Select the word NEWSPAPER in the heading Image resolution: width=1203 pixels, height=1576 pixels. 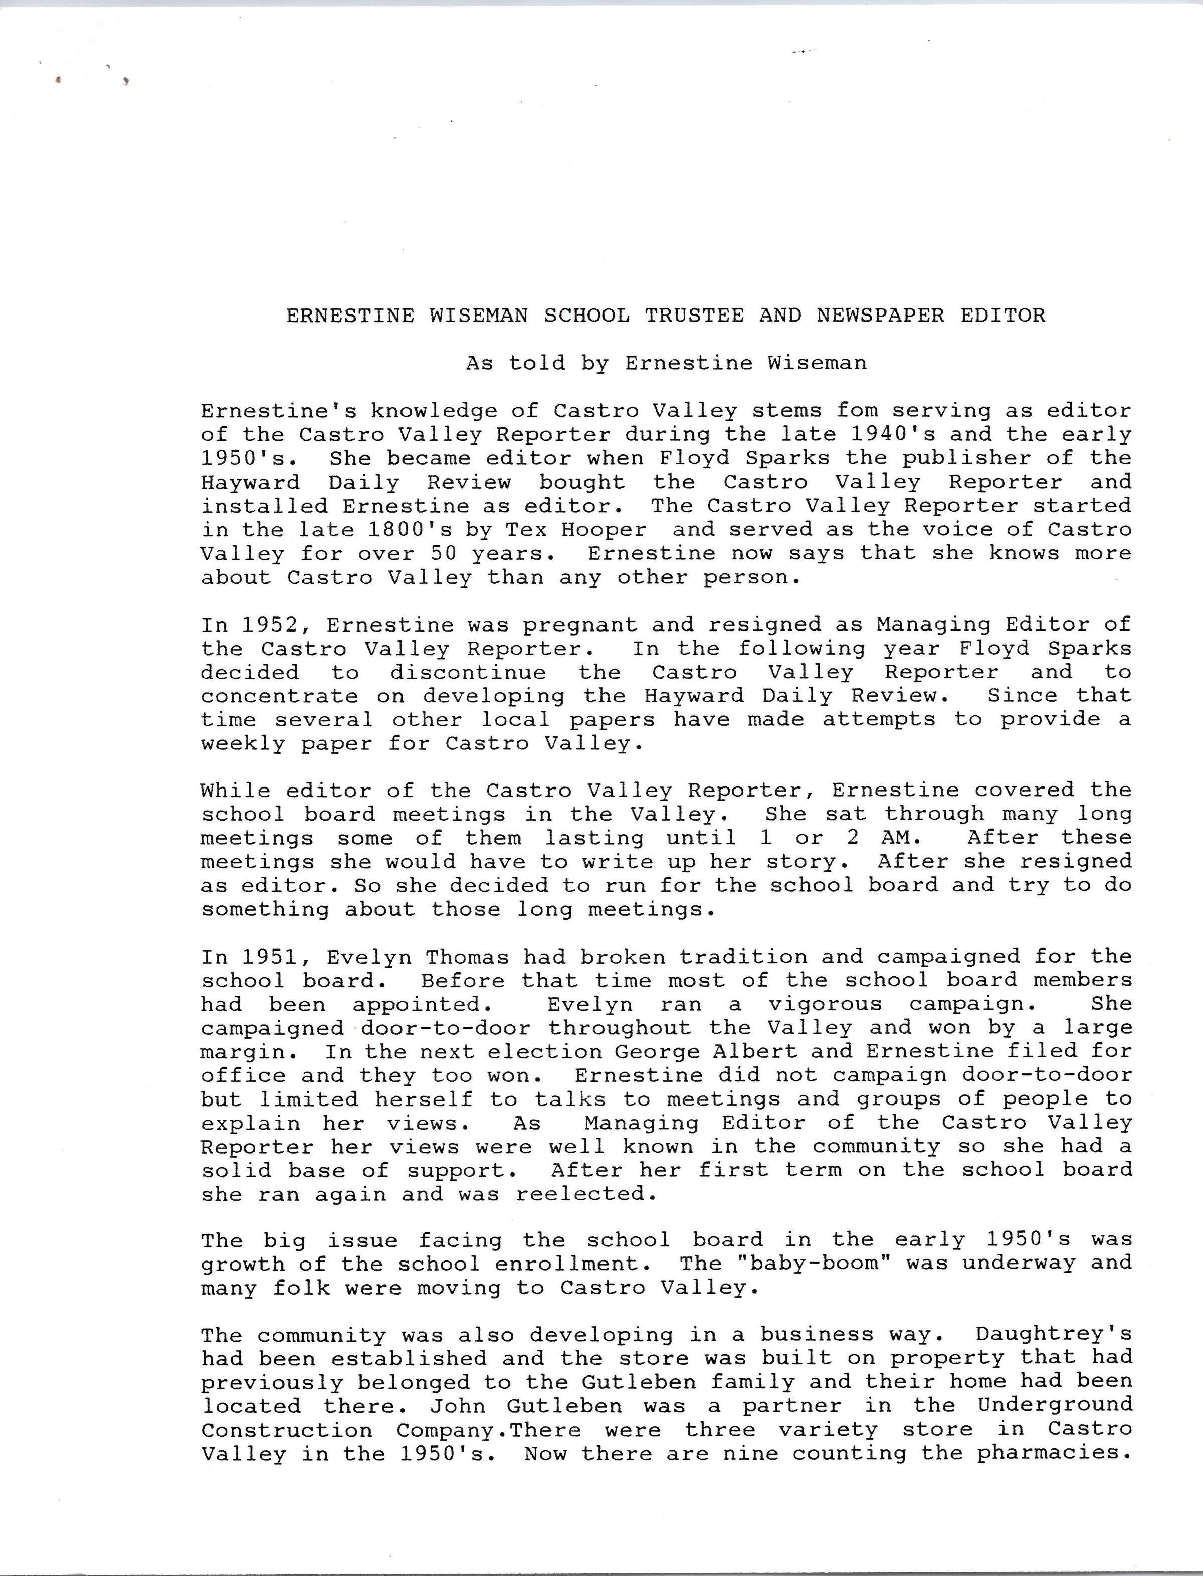click(x=880, y=315)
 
